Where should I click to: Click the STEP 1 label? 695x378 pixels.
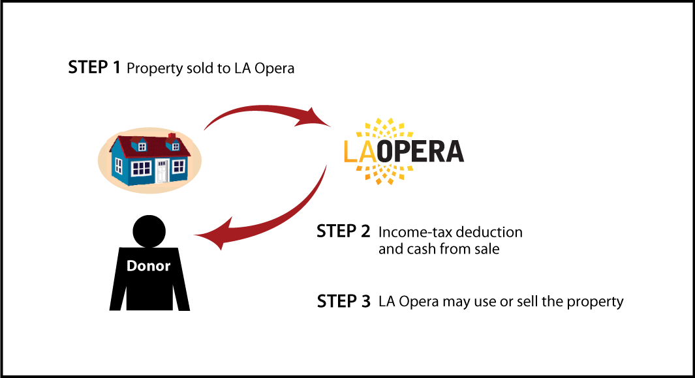tap(94, 67)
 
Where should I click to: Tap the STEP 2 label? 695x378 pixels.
tap(343, 231)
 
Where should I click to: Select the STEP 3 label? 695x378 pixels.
tap(343, 301)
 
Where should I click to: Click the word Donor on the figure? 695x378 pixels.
tap(149, 265)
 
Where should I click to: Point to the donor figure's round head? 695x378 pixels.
tap(149, 231)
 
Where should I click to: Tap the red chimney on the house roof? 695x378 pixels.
tap(172, 138)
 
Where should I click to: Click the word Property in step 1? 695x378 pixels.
tap(154, 68)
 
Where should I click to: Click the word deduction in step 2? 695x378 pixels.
tap(489, 232)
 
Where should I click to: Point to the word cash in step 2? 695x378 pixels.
tap(422, 249)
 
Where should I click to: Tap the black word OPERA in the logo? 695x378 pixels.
tap(420, 151)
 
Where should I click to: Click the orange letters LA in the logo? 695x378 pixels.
tap(360, 151)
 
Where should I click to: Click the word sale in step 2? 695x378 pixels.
tap(487, 249)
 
